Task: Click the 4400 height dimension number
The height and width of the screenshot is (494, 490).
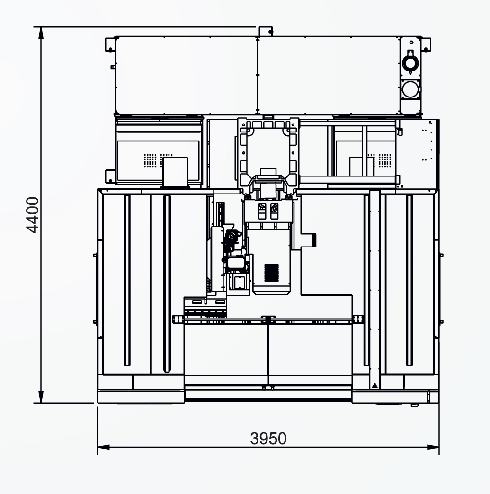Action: pyautogui.click(x=33, y=215)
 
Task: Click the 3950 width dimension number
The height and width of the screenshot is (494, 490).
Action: pyautogui.click(x=268, y=438)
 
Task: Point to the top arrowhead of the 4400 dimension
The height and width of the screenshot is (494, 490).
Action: pyautogui.click(x=41, y=33)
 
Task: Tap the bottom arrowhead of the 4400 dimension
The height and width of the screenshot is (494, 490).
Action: pyautogui.click(x=41, y=397)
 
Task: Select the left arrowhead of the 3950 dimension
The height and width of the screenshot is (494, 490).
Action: pyautogui.click(x=103, y=447)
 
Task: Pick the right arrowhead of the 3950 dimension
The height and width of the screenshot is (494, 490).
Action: pyautogui.click(x=433, y=447)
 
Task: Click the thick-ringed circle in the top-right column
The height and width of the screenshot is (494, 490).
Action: pyautogui.click(x=410, y=62)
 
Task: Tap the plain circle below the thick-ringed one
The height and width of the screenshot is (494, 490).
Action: pyautogui.click(x=410, y=89)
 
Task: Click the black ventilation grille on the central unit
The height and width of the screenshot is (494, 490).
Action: pyautogui.click(x=271, y=273)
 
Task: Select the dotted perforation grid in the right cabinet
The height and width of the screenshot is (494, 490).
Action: pyautogui.click(x=385, y=160)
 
